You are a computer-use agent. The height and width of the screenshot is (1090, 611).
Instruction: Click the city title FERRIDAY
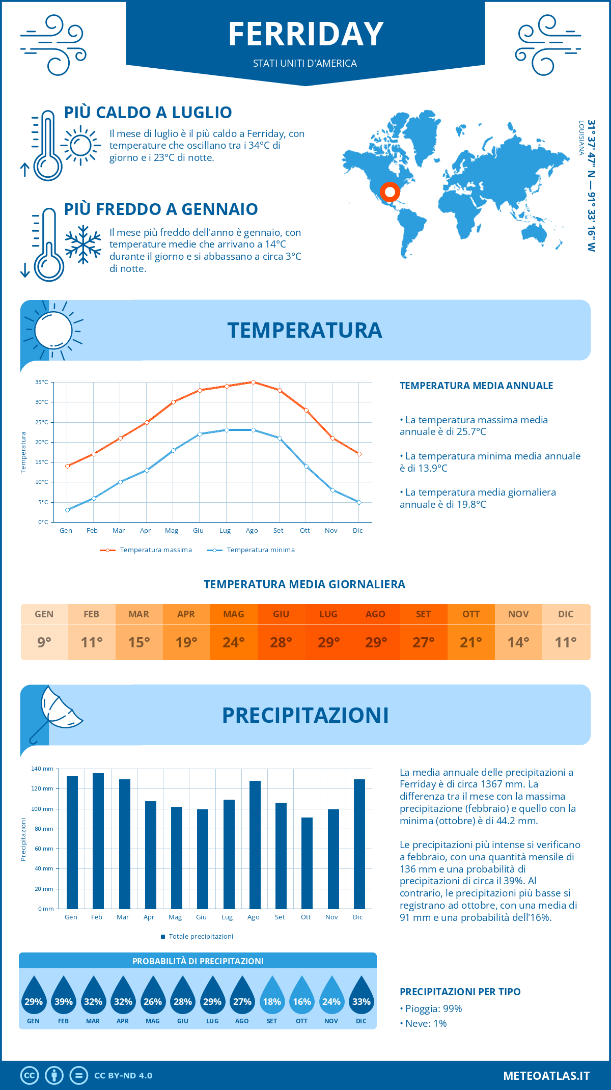click(x=305, y=35)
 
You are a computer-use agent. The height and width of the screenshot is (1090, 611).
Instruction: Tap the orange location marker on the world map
click(x=390, y=192)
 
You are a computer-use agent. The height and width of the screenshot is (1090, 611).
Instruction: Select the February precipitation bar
click(x=98, y=840)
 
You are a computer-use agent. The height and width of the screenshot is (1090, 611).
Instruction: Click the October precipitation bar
click(x=307, y=863)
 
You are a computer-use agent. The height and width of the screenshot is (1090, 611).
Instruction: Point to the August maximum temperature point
click(x=253, y=382)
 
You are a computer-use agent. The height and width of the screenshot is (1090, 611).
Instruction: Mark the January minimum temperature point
click(x=67, y=510)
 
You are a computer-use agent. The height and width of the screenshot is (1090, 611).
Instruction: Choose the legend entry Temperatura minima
click(x=260, y=550)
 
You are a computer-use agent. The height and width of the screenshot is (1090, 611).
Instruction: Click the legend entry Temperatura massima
click(x=155, y=550)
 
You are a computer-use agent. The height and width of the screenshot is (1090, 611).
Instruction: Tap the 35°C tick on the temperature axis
click(x=42, y=382)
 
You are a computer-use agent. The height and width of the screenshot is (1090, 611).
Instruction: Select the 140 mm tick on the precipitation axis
click(x=42, y=769)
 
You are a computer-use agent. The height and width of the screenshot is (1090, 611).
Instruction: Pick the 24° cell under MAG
click(x=234, y=642)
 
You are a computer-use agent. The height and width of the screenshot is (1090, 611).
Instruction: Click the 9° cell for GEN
click(x=44, y=642)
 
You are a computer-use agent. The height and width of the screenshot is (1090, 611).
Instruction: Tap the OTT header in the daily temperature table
click(x=471, y=614)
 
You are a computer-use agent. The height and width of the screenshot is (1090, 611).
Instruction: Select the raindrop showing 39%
click(x=63, y=999)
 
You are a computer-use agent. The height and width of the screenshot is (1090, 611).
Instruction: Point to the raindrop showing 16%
click(x=301, y=999)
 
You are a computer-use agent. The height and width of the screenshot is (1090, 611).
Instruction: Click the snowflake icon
click(x=83, y=244)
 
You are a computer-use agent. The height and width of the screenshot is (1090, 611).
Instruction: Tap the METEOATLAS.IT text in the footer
click(x=546, y=1076)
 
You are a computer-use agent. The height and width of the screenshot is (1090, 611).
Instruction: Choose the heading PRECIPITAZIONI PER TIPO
click(x=460, y=992)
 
